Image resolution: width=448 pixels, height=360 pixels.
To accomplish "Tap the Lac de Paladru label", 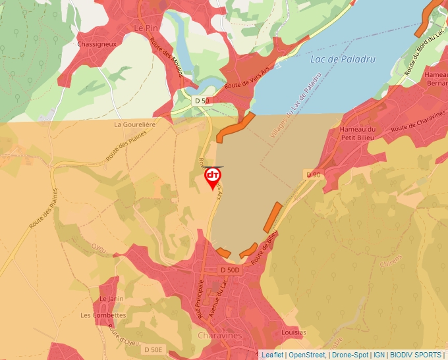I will [343, 59].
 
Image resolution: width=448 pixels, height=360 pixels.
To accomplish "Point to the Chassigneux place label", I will [97, 44].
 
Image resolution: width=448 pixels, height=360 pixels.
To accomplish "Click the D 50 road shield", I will [202, 100].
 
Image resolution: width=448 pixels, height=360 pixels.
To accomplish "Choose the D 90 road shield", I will [313, 174].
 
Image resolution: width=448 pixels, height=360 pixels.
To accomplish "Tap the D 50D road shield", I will [231, 270].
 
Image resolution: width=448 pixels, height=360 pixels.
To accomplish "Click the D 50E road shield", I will [153, 349].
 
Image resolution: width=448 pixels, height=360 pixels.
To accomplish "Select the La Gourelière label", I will [134, 124].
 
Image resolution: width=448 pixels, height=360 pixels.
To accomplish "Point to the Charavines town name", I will [220, 335].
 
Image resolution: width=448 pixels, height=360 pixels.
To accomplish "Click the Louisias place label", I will [294, 333].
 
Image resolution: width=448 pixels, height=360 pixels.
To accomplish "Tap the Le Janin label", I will [111, 299].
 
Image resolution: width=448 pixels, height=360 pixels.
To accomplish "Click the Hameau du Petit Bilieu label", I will [357, 134].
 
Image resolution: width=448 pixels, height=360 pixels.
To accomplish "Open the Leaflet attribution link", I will [272, 355].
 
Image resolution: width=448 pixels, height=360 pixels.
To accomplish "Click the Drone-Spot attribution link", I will [350, 355].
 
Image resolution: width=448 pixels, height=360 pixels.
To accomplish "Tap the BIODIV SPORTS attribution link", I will [415, 355].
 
